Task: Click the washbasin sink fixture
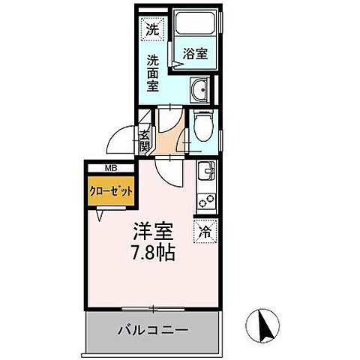pyautogui.click(x=200, y=91)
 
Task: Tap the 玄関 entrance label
pyautogui.click(x=145, y=139)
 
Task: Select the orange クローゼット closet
pyautogui.click(x=111, y=191)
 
